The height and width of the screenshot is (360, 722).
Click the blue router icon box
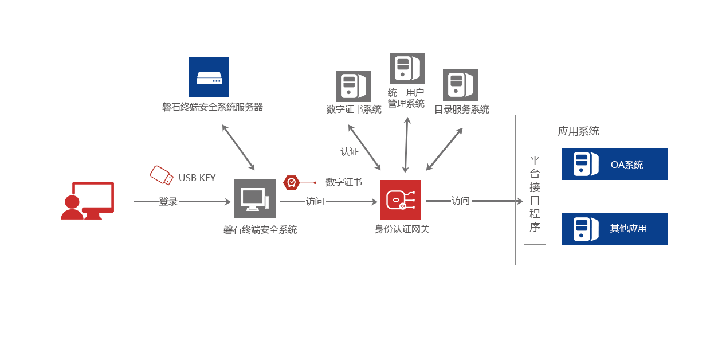pyautogui.click(x=209, y=77)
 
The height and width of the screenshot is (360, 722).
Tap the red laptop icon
pyautogui.click(x=88, y=200)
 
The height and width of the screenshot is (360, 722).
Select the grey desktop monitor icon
pyautogui.click(x=254, y=198)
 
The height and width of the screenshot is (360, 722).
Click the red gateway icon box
pyautogui.click(x=400, y=199)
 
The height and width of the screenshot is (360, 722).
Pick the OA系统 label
pyautogui.click(x=627, y=165)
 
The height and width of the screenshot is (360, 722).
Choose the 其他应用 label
pyautogui.click(x=628, y=229)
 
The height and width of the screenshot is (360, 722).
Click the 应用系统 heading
pyautogui.click(x=578, y=131)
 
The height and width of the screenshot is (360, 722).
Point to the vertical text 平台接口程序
pyautogui.click(x=535, y=194)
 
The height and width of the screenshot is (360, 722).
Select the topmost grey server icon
pyautogui.click(x=407, y=68)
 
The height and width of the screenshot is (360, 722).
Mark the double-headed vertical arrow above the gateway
pyautogui.click(x=406, y=144)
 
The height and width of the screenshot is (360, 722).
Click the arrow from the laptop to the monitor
pyautogui.click(x=182, y=201)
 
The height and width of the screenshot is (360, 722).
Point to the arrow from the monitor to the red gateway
pyautogui.click(x=328, y=201)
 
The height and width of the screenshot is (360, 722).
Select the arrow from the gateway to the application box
pyautogui.click(x=474, y=201)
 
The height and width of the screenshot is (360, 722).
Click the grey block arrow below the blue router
pyautogui.click(x=238, y=147)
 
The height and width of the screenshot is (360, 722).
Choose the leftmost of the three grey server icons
pyautogui.click(x=352, y=86)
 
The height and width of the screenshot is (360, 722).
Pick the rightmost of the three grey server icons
pyautogui.click(x=460, y=85)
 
